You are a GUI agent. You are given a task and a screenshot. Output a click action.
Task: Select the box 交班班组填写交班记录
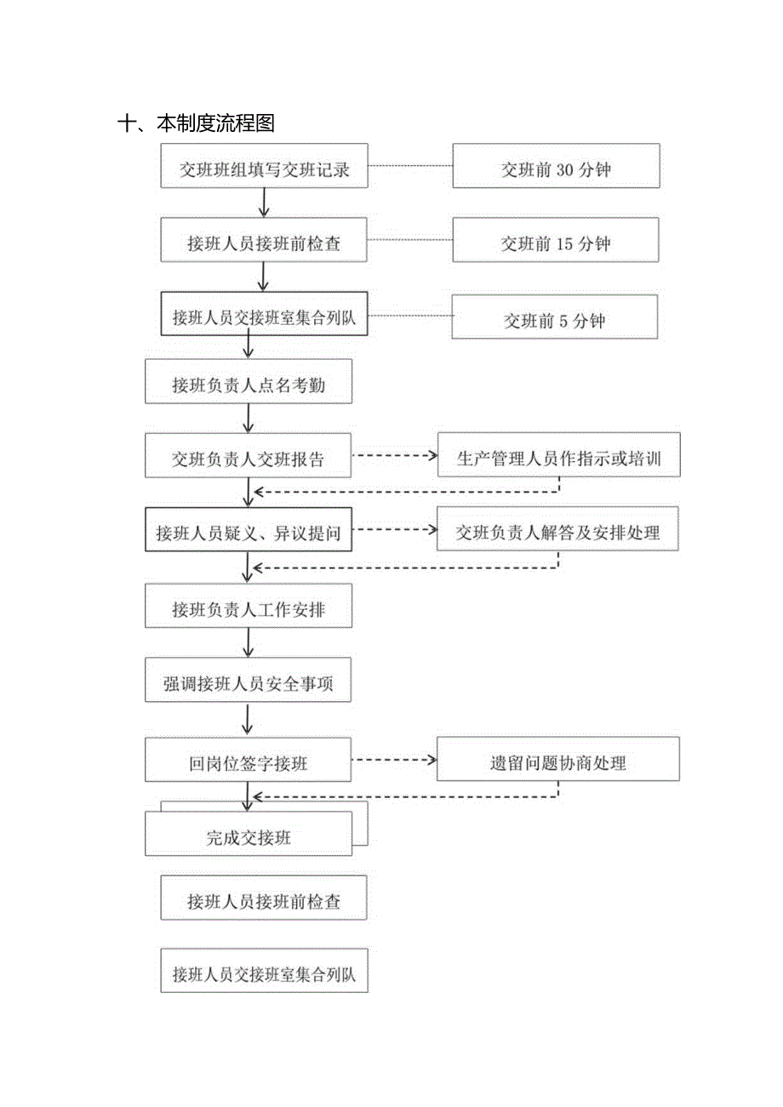[264, 166]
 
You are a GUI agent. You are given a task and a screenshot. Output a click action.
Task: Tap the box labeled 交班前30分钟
[556, 166]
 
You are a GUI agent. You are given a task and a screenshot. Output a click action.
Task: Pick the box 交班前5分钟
[554, 317]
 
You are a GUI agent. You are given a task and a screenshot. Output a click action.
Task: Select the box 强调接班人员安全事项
[248, 681]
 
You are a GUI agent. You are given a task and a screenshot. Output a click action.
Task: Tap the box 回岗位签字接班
[248, 759]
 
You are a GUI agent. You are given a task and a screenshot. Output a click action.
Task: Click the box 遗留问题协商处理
[558, 759]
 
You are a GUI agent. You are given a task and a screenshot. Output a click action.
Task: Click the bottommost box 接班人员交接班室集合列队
[264, 971]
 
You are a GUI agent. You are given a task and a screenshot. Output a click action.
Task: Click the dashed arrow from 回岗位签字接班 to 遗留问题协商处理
[393, 758]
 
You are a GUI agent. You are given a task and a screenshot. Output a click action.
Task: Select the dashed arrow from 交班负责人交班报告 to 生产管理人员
[393, 455]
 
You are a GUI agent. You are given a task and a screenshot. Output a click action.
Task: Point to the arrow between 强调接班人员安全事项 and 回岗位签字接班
[248, 719]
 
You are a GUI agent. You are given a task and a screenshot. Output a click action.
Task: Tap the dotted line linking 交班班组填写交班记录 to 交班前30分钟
[409, 166]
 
